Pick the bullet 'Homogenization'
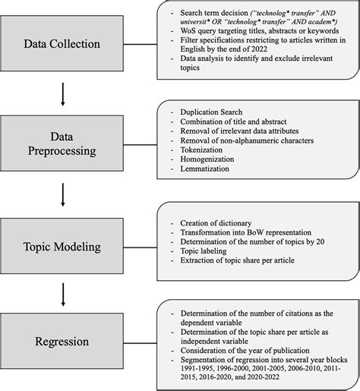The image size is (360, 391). [209, 161]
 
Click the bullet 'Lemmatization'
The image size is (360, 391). [207, 171]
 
